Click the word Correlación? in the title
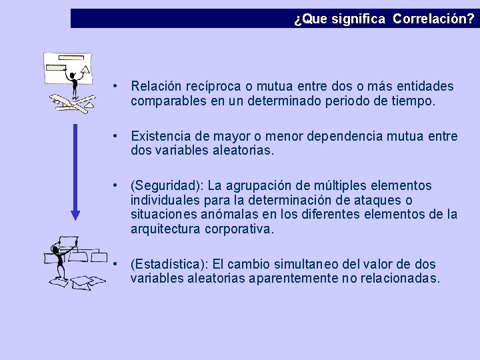[x=434, y=19]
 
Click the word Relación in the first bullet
[x=155, y=87]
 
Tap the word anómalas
[x=226, y=215]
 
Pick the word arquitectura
[x=165, y=229]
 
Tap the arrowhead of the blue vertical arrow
[x=75, y=213]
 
